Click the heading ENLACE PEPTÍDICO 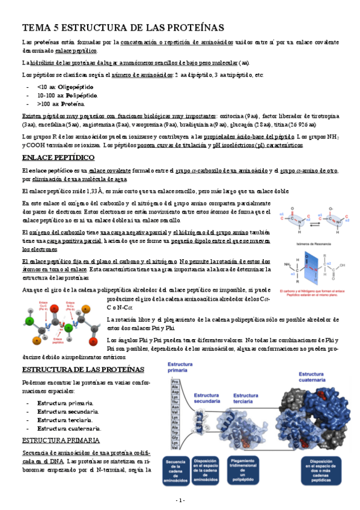(x=58, y=158)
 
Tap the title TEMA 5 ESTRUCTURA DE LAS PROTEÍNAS (x=123, y=28)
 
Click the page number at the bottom (x=180, y=500)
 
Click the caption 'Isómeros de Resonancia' (x=313, y=245)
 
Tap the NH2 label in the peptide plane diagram (x=287, y=262)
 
